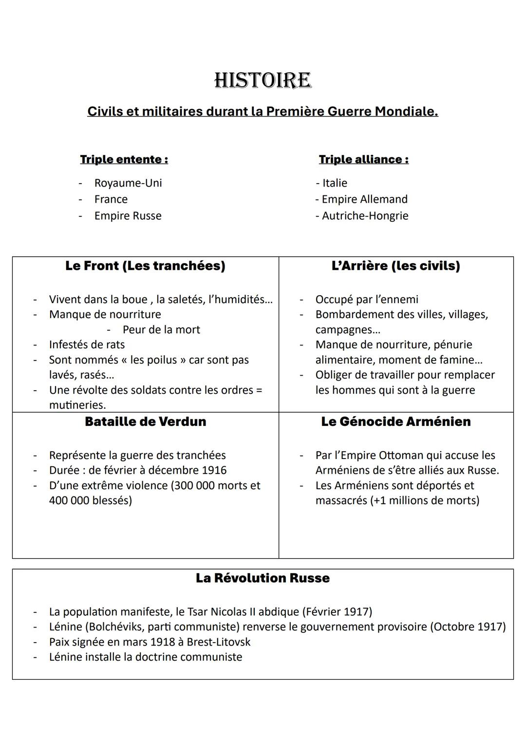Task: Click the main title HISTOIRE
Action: click(263, 81)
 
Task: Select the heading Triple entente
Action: click(124, 159)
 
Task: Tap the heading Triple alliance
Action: click(363, 159)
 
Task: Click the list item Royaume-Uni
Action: click(128, 183)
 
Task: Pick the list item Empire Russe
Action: click(128, 216)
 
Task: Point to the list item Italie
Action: click(334, 183)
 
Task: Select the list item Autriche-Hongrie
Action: click(364, 216)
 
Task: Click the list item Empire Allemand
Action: click(364, 199)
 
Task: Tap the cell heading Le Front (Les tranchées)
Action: click(145, 266)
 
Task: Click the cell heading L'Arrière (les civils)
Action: click(395, 266)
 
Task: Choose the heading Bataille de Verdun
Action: click(145, 422)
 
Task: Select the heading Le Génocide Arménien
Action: click(395, 422)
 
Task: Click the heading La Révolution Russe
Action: click(263, 578)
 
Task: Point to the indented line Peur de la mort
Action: click(161, 330)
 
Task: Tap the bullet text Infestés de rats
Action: click(87, 345)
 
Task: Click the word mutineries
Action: click(77, 405)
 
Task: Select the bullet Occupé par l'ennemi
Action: click(366, 300)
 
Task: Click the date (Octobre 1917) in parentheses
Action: click(468, 627)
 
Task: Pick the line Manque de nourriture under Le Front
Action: click(105, 315)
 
